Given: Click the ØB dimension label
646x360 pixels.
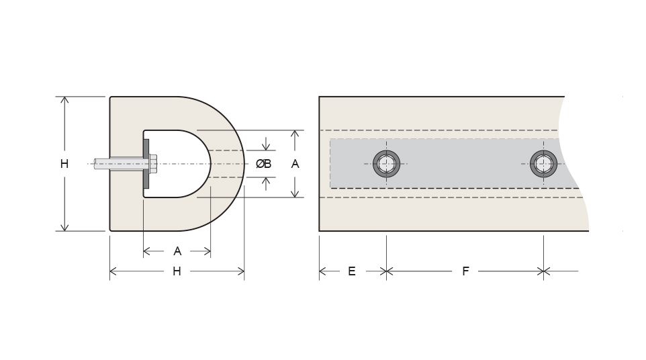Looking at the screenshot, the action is point(263,164).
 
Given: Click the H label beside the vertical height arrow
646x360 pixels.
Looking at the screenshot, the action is point(64,164).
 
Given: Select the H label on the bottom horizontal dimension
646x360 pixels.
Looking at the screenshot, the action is point(177,271).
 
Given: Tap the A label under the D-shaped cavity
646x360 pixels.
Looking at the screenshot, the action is point(177,251).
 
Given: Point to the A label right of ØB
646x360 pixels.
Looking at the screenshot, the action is point(295,164).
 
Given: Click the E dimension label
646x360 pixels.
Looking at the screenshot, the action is point(351,271).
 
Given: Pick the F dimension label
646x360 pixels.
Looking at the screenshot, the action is point(465,271).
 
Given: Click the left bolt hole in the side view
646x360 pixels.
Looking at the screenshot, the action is point(386,164).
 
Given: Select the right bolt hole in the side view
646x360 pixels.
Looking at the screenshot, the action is point(543,164).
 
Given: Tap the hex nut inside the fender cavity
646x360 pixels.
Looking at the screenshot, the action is point(153,164).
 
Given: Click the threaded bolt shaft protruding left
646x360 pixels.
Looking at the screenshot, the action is point(119,164).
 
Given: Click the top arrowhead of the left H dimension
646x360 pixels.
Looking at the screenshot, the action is point(64,101).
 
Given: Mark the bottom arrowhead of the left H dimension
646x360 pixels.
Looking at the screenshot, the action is point(64,227).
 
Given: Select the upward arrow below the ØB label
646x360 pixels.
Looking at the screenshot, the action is point(266,184).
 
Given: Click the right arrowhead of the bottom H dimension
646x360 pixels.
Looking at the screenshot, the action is point(240,271).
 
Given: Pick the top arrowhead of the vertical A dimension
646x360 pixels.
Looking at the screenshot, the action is point(295,134).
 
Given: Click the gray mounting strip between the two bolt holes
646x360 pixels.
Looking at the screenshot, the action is point(465,163).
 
